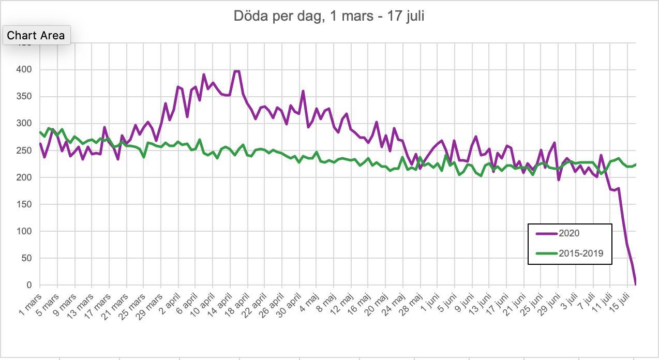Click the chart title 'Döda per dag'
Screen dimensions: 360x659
[329, 16]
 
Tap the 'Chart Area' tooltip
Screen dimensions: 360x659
[36, 35]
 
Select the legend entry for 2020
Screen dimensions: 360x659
[569, 233]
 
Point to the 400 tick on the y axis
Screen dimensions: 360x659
[24, 69]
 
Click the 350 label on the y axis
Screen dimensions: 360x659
[24, 96]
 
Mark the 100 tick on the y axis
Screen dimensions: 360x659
[24, 231]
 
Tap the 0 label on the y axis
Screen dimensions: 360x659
[29, 285]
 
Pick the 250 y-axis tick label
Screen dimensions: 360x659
[24, 150]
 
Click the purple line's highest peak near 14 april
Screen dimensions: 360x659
[236, 71]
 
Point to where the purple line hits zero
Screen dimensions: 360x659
[635, 284]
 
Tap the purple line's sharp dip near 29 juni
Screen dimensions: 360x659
[559, 179]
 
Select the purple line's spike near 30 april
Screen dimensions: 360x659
[303, 92]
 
